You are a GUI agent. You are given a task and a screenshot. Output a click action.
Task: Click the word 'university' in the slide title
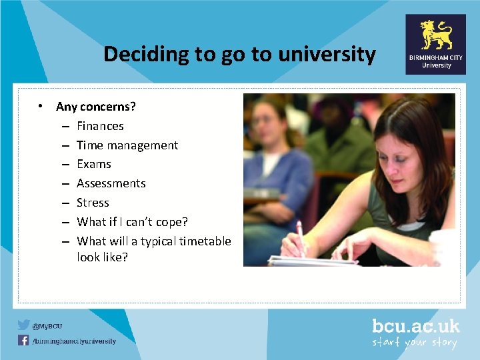(x=333, y=54)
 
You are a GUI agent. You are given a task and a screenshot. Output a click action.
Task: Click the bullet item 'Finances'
(x=100, y=126)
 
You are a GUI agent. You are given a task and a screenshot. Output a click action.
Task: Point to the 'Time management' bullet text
(x=127, y=145)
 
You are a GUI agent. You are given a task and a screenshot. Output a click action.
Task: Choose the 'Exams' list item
(x=94, y=164)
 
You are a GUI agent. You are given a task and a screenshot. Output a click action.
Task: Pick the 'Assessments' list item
(x=111, y=183)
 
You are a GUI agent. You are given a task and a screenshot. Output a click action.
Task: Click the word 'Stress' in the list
(x=93, y=203)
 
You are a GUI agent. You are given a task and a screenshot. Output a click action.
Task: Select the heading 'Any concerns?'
(x=96, y=107)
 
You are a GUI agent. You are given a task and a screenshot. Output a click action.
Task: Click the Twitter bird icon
(x=24, y=325)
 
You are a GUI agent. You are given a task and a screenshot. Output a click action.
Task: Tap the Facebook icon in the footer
(x=24, y=340)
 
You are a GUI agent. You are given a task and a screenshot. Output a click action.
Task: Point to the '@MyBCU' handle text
(x=49, y=326)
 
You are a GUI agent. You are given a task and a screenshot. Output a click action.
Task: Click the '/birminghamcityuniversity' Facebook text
(x=75, y=341)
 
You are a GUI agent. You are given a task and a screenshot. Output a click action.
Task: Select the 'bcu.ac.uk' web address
(x=415, y=326)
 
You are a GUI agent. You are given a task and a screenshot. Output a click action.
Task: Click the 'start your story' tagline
(x=415, y=343)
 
